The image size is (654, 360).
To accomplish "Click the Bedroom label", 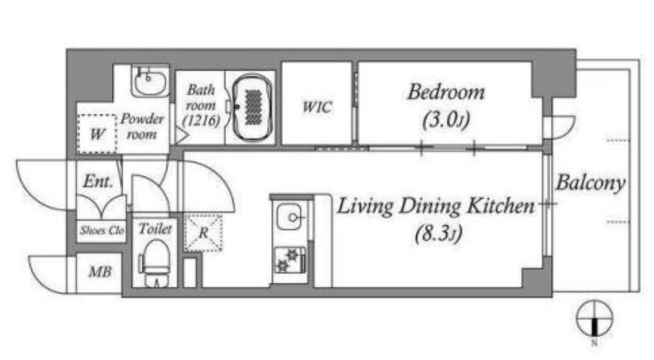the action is point(446,92).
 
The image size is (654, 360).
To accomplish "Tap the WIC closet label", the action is point(317,107).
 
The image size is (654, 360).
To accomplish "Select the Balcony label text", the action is point(590,183).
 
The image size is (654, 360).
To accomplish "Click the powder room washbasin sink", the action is point(150,80).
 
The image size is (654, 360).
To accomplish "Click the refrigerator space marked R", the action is point(203,233).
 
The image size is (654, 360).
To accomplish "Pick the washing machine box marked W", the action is point(97,134).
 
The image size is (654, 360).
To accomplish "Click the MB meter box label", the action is point(100,272).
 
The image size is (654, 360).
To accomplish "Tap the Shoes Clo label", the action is point(102,230).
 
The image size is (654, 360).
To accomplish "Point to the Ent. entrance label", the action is point(99,181).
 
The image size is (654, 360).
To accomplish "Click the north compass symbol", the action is point(595,318).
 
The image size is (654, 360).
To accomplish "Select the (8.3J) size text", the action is point(438,234).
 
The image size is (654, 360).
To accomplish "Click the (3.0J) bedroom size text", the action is point(446,120).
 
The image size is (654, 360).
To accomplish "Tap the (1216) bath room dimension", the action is point(201,120).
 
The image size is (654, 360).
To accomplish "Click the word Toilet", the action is point(155,228).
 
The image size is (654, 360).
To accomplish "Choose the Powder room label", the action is point(142,126).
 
